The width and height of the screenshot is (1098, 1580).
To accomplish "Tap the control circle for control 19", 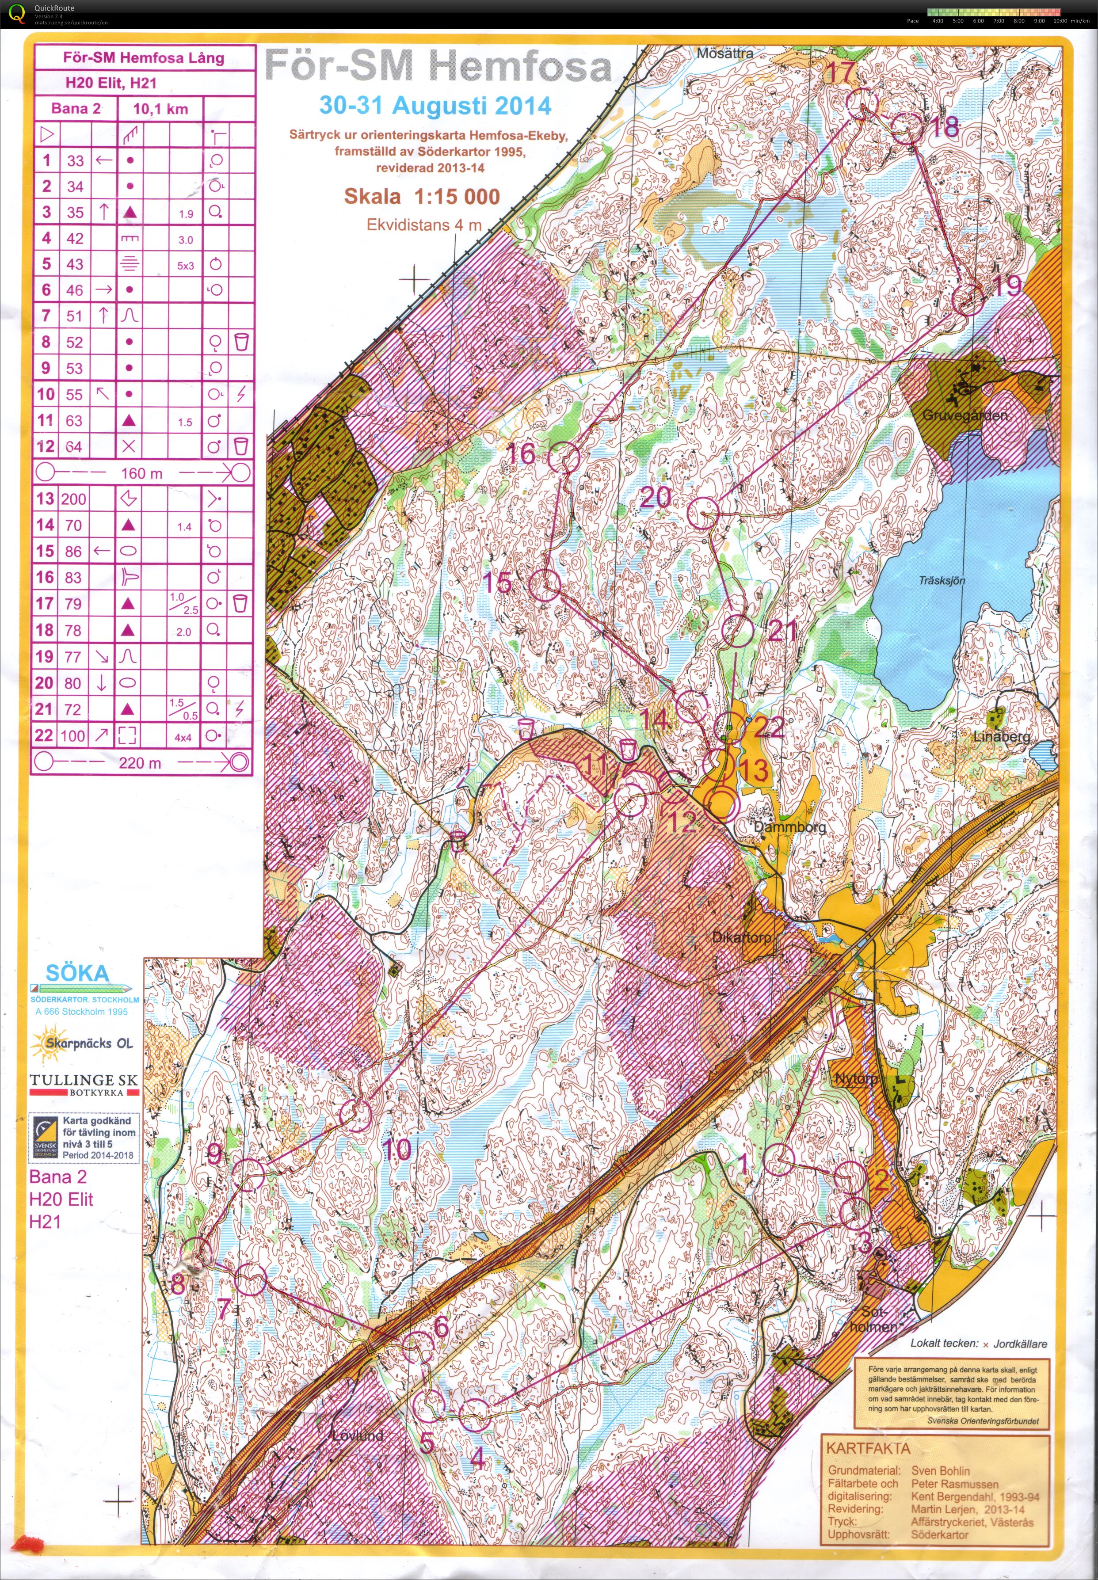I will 968,301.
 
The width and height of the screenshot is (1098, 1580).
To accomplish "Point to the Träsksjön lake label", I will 941,581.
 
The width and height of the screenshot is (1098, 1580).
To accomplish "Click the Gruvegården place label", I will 965,415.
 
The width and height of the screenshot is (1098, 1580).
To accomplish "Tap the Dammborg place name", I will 789,827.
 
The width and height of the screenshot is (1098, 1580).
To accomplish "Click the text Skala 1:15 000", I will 422,196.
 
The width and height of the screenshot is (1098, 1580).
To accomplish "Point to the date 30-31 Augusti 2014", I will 435,105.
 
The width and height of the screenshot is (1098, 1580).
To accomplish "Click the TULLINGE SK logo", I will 83,1085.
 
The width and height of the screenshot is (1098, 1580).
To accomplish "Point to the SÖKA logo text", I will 77,973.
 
